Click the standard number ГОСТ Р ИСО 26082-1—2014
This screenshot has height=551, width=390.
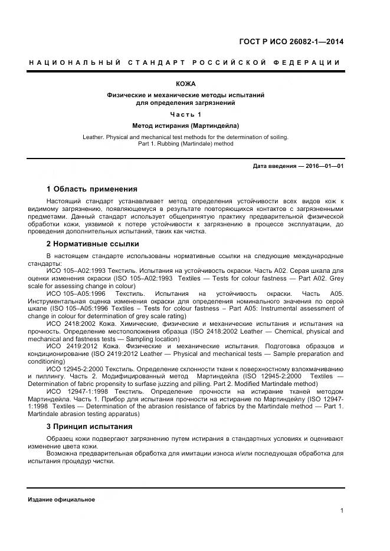tap(291, 41)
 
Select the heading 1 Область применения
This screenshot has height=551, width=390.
tap(91, 189)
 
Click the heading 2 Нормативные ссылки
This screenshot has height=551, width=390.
tap(93, 243)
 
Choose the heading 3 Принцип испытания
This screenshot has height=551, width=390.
tap(89, 426)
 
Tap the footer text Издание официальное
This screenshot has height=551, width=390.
tap(61, 499)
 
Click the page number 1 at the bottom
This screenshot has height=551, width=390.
tap(342, 510)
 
